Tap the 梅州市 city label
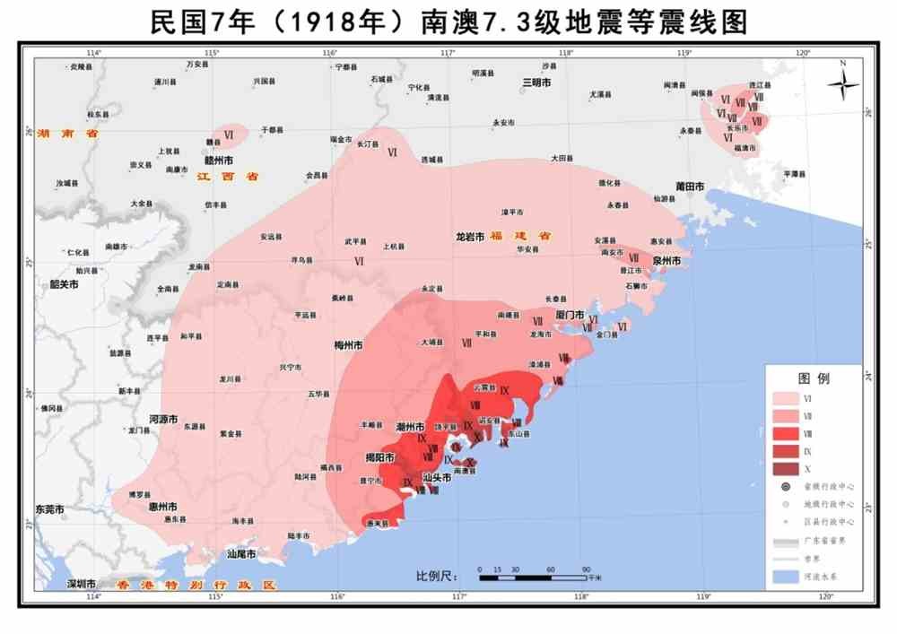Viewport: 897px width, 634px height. click(347, 345)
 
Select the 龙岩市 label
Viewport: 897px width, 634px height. click(470, 237)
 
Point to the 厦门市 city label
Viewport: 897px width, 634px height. click(570, 316)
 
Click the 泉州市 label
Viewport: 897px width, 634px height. click(667, 261)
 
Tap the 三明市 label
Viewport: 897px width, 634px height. click(536, 83)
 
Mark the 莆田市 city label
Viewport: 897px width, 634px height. click(691, 187)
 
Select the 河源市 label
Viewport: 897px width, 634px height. click(163, 419)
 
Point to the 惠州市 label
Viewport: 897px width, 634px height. click(161, 507)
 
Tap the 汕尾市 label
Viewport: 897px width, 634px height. click(242, 554)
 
